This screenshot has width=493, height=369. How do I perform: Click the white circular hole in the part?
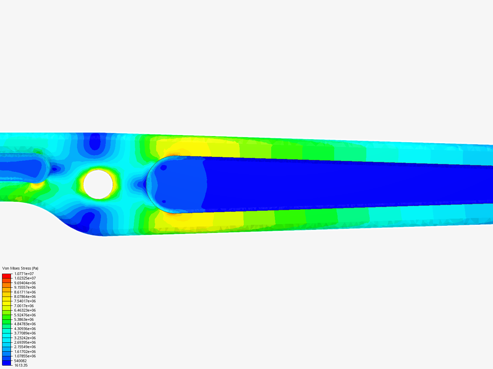98,184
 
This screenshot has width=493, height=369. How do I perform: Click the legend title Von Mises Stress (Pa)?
20,268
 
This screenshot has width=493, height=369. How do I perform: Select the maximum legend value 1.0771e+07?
24,274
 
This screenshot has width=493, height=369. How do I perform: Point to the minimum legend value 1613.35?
21,366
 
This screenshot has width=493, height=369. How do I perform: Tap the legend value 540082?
21,361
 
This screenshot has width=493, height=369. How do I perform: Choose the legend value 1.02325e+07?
25,278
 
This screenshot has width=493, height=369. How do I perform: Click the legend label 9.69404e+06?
25,283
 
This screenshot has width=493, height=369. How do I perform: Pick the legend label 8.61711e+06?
25,292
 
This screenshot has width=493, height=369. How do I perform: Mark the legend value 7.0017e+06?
24,306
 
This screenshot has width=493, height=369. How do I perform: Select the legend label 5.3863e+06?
24,319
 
